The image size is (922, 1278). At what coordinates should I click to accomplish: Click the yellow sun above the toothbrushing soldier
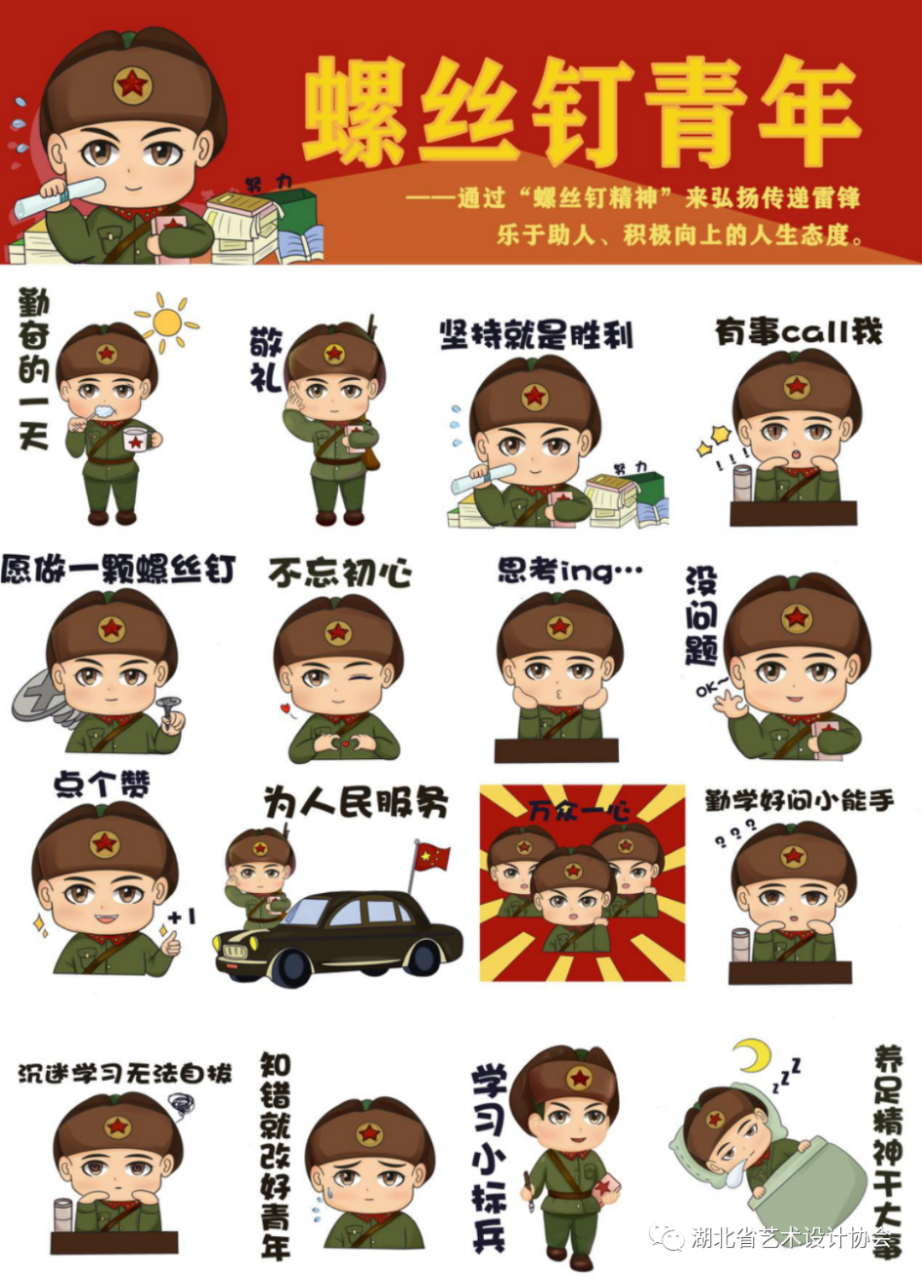pyautogui.click(x=167, y=322)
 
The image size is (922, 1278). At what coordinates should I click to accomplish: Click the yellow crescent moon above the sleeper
pyautogui.click(x=752, y=1055)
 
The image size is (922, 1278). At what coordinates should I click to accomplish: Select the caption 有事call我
pyautogui.click(x=798, y=331)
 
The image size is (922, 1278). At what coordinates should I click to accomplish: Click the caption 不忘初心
pyautogui.click(x=340, y=572)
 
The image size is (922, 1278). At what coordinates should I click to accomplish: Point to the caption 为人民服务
pyautogui.click(x=355, y=802)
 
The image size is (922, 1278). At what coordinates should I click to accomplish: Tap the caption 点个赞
pyautogui.click(x=101, y=784)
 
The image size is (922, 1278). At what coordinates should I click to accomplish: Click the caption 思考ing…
pyautogui.click(x=569, y=570)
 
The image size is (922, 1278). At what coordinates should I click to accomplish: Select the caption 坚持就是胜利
pyautogui.click(x=536, y=335)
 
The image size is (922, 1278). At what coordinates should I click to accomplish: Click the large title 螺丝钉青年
pyautogui.click(x=581, y=111)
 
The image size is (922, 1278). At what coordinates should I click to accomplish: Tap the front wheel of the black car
pyautogui.click(x=290, y=968)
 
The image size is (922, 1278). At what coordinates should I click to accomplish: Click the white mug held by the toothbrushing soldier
pyautogui.click(x=135, y=440)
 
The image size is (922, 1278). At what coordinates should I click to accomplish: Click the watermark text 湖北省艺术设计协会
pyautogui.click(x=790, y=1237)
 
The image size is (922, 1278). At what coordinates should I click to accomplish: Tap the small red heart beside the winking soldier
pyautogui.click(x=285, y=708)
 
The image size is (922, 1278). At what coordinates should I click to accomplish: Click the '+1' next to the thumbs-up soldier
pyautogui.click(x=182, y=917)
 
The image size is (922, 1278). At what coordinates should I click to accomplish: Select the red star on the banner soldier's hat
pyautogui.click(x=132, y=85)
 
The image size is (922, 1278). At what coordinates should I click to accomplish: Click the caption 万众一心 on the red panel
pyautogui.click(x=578, y=809)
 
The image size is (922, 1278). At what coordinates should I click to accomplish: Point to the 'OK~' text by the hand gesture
pyautogui.click(x=710, y=686)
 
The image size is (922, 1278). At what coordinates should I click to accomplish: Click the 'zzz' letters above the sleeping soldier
pyautogui.click(x=787, y=1075)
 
